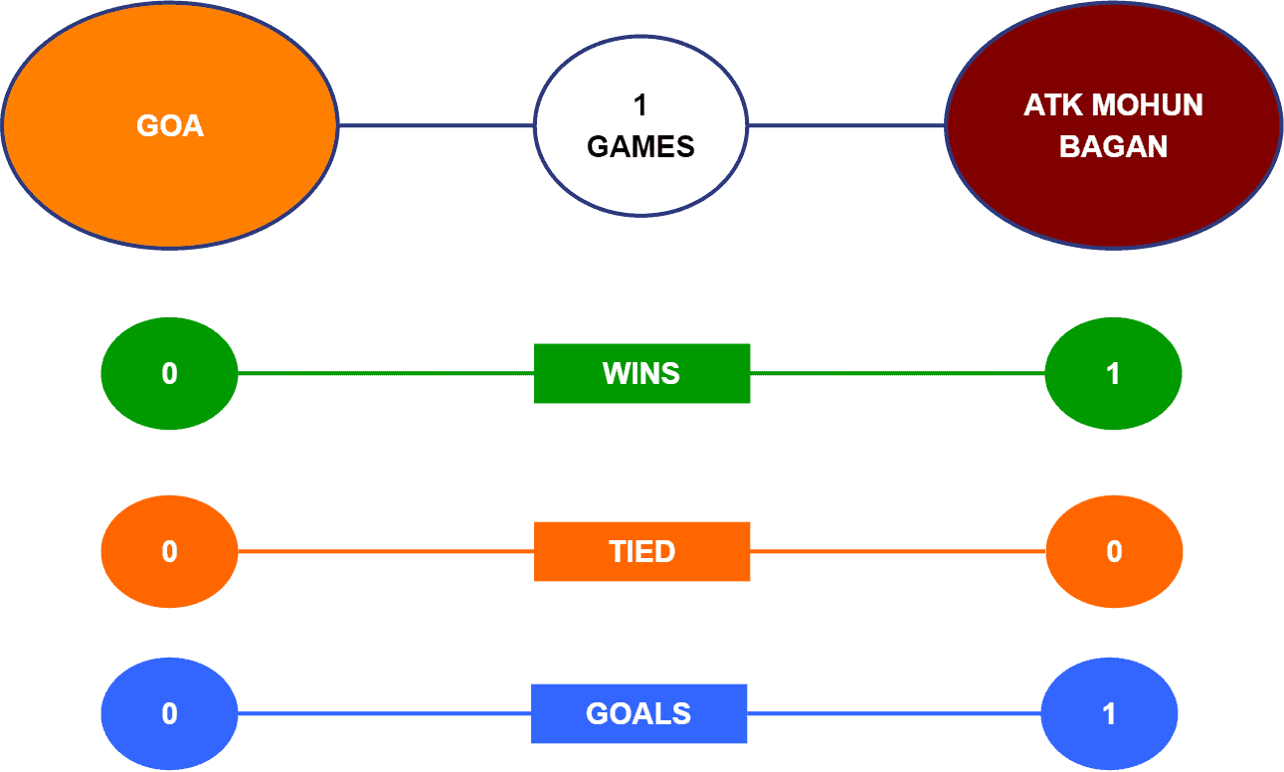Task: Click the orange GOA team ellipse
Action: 170,125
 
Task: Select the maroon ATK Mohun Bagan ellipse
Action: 1113,125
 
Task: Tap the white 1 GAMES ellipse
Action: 641,126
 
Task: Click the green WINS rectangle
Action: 642,373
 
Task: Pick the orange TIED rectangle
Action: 642,551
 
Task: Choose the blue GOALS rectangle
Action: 640,713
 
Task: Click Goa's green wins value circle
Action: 170,373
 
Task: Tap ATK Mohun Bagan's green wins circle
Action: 1113,373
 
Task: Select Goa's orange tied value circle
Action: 170,551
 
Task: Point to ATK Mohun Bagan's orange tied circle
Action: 1114,551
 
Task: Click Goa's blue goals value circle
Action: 170,713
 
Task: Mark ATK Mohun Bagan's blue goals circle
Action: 1109,713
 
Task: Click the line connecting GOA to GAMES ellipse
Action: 437,125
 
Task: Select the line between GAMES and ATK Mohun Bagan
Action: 846,125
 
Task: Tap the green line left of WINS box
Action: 386,373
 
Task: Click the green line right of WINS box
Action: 898,373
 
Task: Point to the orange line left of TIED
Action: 386,551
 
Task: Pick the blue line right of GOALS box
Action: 894,713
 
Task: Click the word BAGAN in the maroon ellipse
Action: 1113,146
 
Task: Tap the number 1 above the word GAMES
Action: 641,105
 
